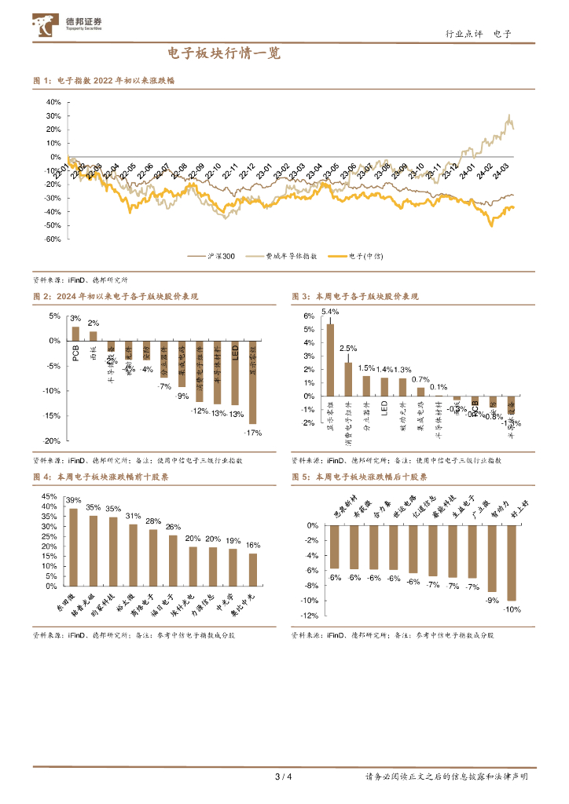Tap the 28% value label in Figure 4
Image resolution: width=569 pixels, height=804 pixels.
[153, 522]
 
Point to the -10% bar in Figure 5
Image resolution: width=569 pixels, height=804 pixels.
[512, 563]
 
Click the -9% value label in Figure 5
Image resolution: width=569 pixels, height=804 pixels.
[492, 601]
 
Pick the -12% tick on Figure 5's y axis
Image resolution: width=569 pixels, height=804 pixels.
[310, 616]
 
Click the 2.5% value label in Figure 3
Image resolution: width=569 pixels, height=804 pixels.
[348, 348]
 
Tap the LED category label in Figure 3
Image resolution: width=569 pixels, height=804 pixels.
[384, 409]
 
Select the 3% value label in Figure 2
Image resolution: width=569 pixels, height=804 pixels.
[75, 319]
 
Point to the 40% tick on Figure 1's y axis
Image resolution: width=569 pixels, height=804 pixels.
[53, 102]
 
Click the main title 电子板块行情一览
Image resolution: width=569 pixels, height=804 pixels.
[224, 54]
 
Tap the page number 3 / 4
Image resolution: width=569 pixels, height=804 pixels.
[284, 777]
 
